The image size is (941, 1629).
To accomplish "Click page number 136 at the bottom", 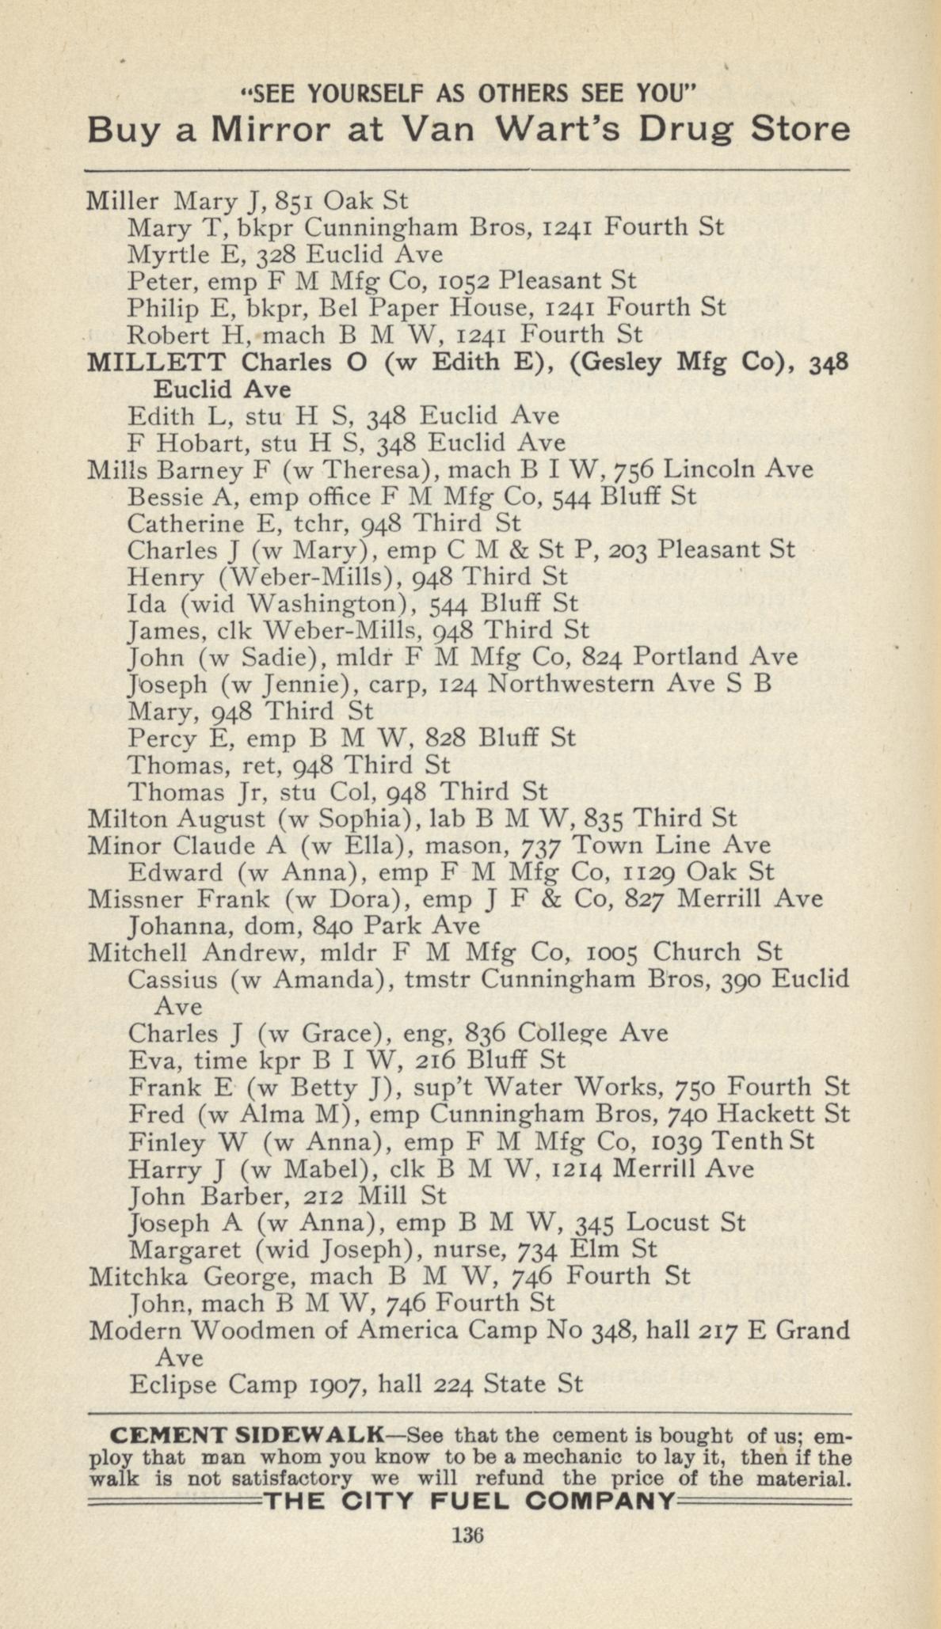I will coord(467,1535).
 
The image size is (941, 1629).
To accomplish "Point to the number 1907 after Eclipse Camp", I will coord(336,1384).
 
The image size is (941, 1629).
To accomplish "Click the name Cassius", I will coord(173,980).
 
